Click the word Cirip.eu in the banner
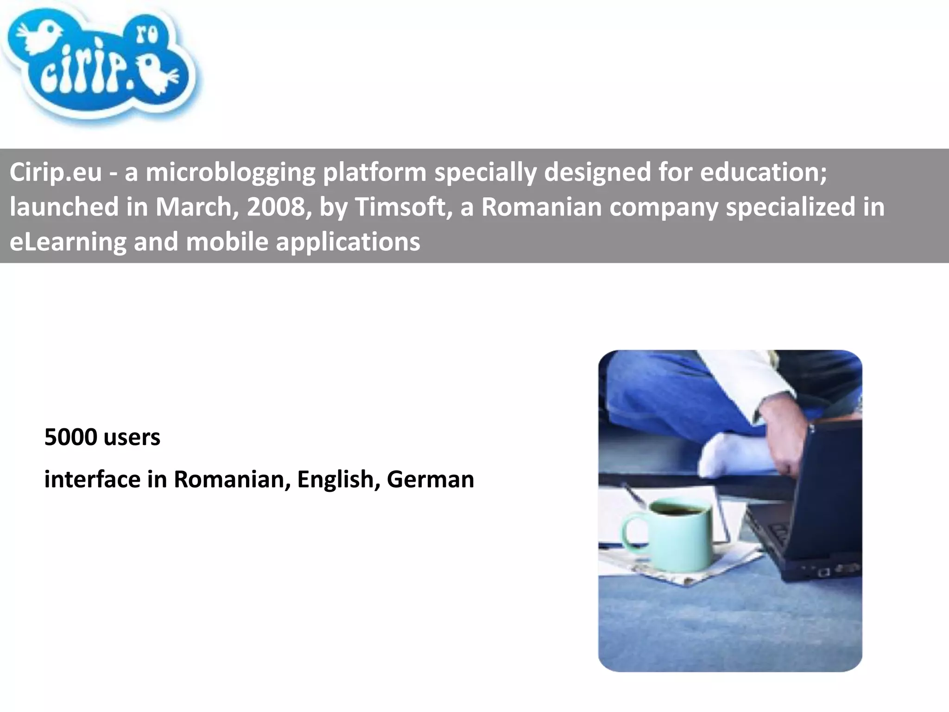tap(55, 172)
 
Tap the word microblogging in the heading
tap(230, 172)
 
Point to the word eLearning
tap(68, 242)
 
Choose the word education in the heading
tap(763, 172)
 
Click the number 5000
tap(70, 437)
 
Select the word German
tap(430, 479)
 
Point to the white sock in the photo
tap(728, 452)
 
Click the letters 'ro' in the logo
tap(147, 35)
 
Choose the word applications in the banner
tap(348, 242)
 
